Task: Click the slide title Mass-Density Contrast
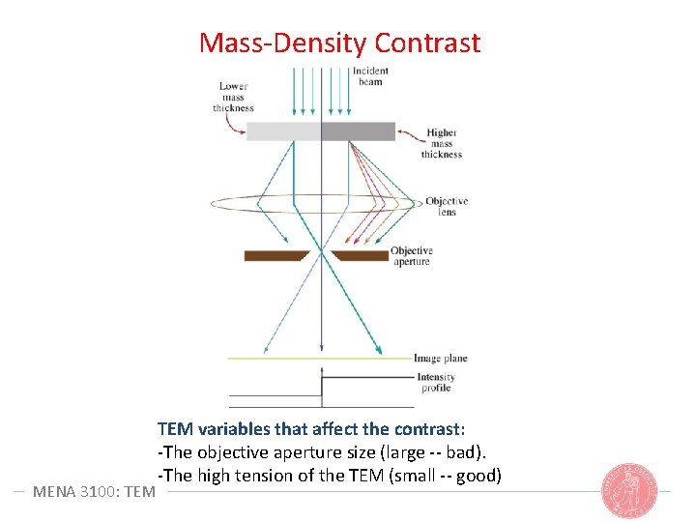[x=339, y=43]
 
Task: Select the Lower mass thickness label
[x=233, y=98]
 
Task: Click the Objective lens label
[x=447, y=206]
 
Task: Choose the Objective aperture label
[x=412, y=256]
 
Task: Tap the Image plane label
[x=440, y=359]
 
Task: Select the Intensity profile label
[x=436, y=383]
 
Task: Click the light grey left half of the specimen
[x=283, y=131]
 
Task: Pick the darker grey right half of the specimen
[x=358, y=131]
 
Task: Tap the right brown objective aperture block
[x=360, y=255]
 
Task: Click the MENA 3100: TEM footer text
[x=94, y=491]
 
